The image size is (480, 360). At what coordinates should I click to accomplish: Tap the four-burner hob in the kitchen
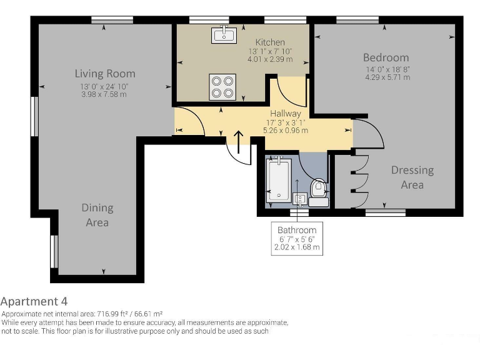[222, 87]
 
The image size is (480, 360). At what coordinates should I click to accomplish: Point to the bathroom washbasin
[301, 199]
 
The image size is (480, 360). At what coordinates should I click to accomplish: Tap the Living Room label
[105, 73]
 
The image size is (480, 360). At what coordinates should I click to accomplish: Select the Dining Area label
[97, 215]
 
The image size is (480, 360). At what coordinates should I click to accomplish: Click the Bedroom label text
[386, 57]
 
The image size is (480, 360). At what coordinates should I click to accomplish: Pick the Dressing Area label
[412, 177]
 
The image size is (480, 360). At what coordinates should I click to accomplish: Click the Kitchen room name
[270, 42]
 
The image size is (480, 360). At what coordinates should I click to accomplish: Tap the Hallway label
[285, 114]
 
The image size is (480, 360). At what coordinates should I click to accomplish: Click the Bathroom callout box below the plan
[297, 238]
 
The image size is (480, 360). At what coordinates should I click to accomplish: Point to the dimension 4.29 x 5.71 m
[387, 77]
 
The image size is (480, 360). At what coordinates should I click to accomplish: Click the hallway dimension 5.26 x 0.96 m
[286, 131]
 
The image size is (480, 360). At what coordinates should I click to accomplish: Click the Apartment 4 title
[34, 301]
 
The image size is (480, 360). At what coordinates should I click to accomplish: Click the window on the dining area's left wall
[54, 251]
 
